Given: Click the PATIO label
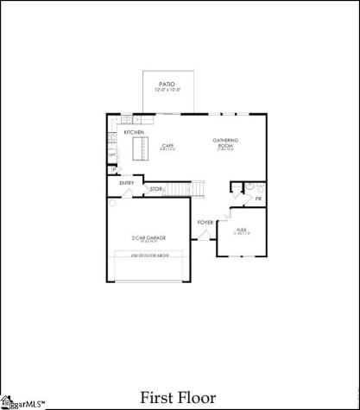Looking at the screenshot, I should (x=167, y=84).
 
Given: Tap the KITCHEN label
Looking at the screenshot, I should (x=134, y=132).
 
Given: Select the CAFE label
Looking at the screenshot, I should (x=168, y=146).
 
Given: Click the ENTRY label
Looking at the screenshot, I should (x=126, y=182).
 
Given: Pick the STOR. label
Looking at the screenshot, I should (x=156, y=188).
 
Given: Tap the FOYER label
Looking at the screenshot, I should (x=205, y=223).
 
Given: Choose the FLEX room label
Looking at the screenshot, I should (x=243, y=230).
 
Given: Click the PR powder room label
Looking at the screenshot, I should (x=258, y=199).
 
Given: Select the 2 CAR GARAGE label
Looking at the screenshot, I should (x=148, y=237).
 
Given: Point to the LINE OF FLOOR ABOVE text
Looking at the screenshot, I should (x=148, y=255).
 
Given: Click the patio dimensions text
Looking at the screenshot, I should (x=167, y=90).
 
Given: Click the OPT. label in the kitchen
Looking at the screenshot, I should (x=111, y=155).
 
